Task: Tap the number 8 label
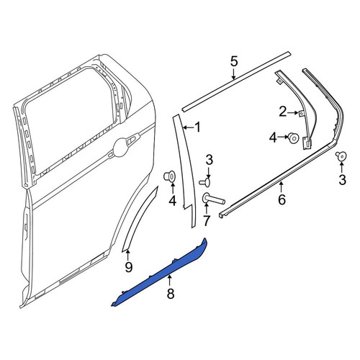coord(171,293)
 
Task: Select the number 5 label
coord(234,61)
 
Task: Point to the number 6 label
coord(282,199)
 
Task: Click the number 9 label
coord(129,266)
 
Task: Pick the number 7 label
coord(207,221)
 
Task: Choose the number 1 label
coord(197,127)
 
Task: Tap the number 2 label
coord(283,112)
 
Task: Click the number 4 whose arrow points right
coord(273,138)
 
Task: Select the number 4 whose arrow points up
coord(172,201)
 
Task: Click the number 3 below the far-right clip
coord(342,180)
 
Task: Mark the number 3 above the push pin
coord(210,160)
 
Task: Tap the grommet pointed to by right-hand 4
coord(294,138)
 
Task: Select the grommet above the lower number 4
coord(170,176)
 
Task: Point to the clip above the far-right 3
coord(341,156)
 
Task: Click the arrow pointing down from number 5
coord(233,73)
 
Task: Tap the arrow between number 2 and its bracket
coord(293,112)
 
